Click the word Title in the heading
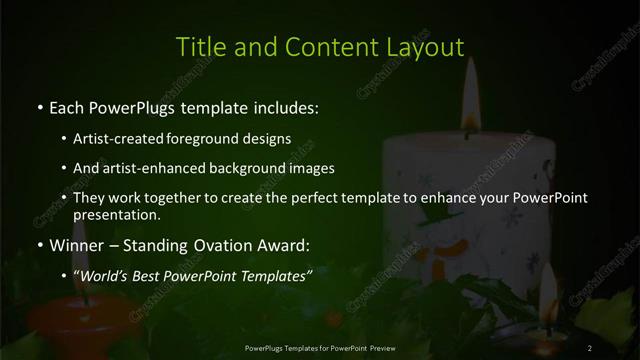point(198,47)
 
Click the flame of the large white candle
point(470,115)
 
